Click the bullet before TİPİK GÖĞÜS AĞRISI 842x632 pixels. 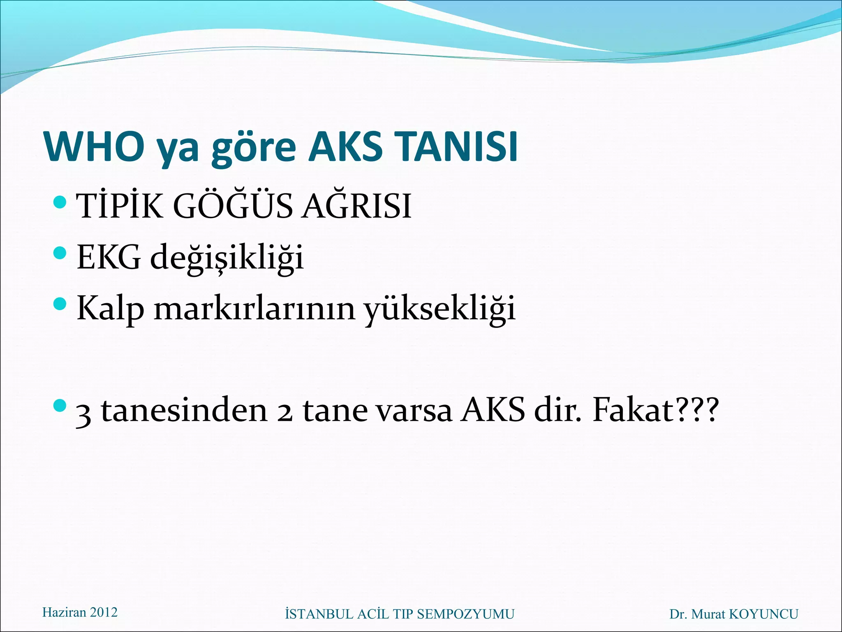tap(60, 202)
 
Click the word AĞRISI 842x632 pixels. tap(356, 206)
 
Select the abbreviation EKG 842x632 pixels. tap(109, 258)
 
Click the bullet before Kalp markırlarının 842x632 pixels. tap(60, 304)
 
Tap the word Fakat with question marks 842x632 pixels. tap(655, 410)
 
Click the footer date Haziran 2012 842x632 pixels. tap(80, 612)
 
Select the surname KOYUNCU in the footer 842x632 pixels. tap(763, 614)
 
